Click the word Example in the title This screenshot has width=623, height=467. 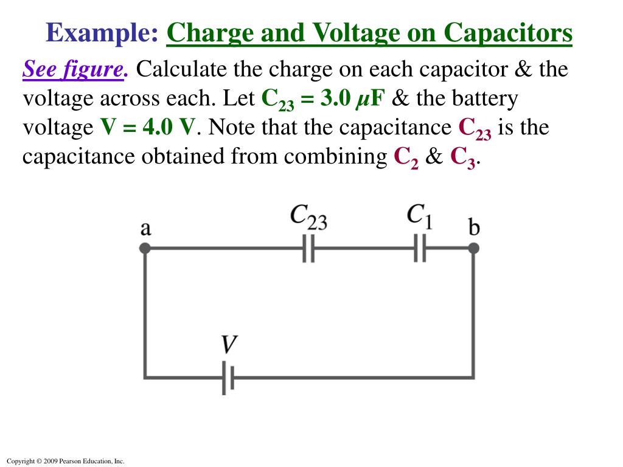pos(102,33)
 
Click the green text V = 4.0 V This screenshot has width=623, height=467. pos(148,128)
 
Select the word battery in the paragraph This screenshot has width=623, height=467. pos(484,99)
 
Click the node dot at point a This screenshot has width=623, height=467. pos(145,248)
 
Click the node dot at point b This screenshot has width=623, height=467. pos(473,248)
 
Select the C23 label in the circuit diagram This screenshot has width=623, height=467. pos(308,217)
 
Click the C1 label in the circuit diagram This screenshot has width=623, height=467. pos(419,216)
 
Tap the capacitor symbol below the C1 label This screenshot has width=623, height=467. pos(420,248)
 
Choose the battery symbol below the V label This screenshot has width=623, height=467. pos(228,379)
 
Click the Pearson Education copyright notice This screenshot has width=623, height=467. pos(64,462)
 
